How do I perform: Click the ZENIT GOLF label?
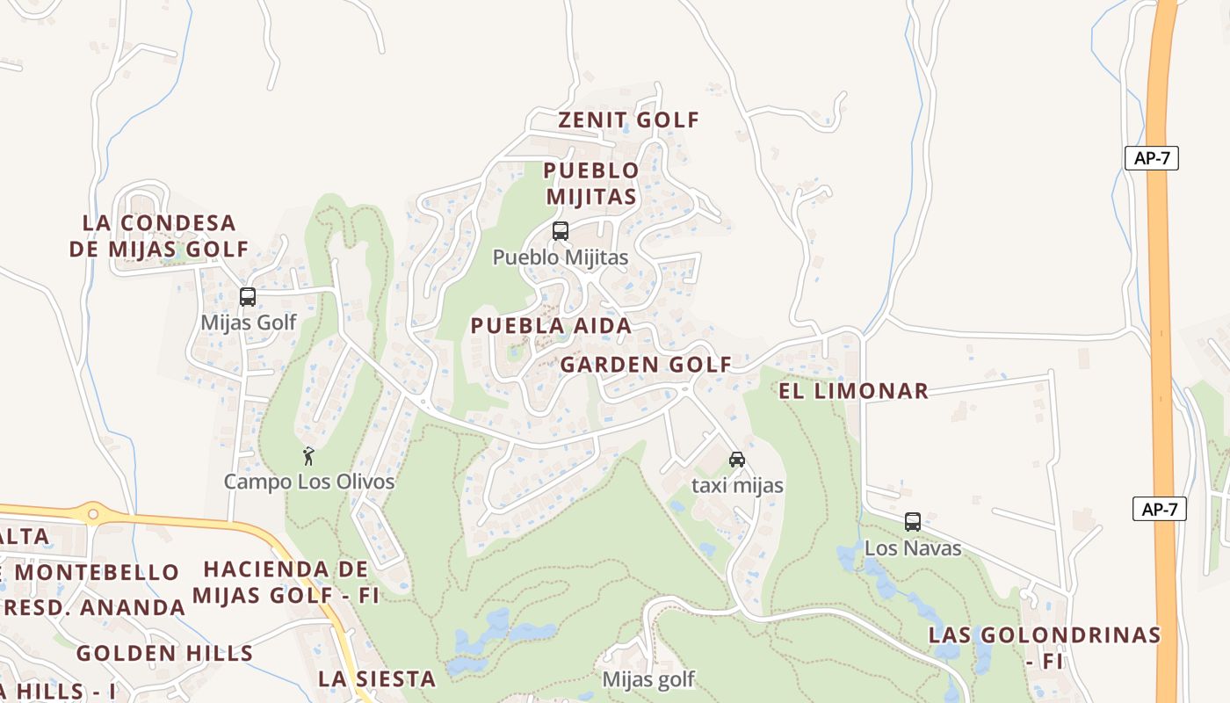point(629,120)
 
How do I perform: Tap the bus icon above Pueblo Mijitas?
point(561,231)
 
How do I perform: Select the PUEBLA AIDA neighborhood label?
point(551,326)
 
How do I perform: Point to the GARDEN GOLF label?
point(646,365)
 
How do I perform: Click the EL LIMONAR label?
point(853,391)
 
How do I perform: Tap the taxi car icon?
point(737,460)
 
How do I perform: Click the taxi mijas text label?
point(737,485)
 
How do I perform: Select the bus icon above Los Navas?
point(913,522)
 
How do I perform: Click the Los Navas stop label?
point(913,548)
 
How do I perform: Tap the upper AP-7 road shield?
point(1151,158)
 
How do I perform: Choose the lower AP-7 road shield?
point(1159,509)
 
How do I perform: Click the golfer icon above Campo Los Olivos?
point(308,456)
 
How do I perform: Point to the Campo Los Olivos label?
point(308,482)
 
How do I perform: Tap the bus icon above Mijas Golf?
point(248,297)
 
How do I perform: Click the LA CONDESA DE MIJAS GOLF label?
point(160,236)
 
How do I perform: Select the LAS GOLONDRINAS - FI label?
point(1045,647)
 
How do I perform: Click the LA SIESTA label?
point(377,678)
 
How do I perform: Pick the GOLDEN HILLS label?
point(164,654)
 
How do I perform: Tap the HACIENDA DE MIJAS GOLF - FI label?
point(286,583)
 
